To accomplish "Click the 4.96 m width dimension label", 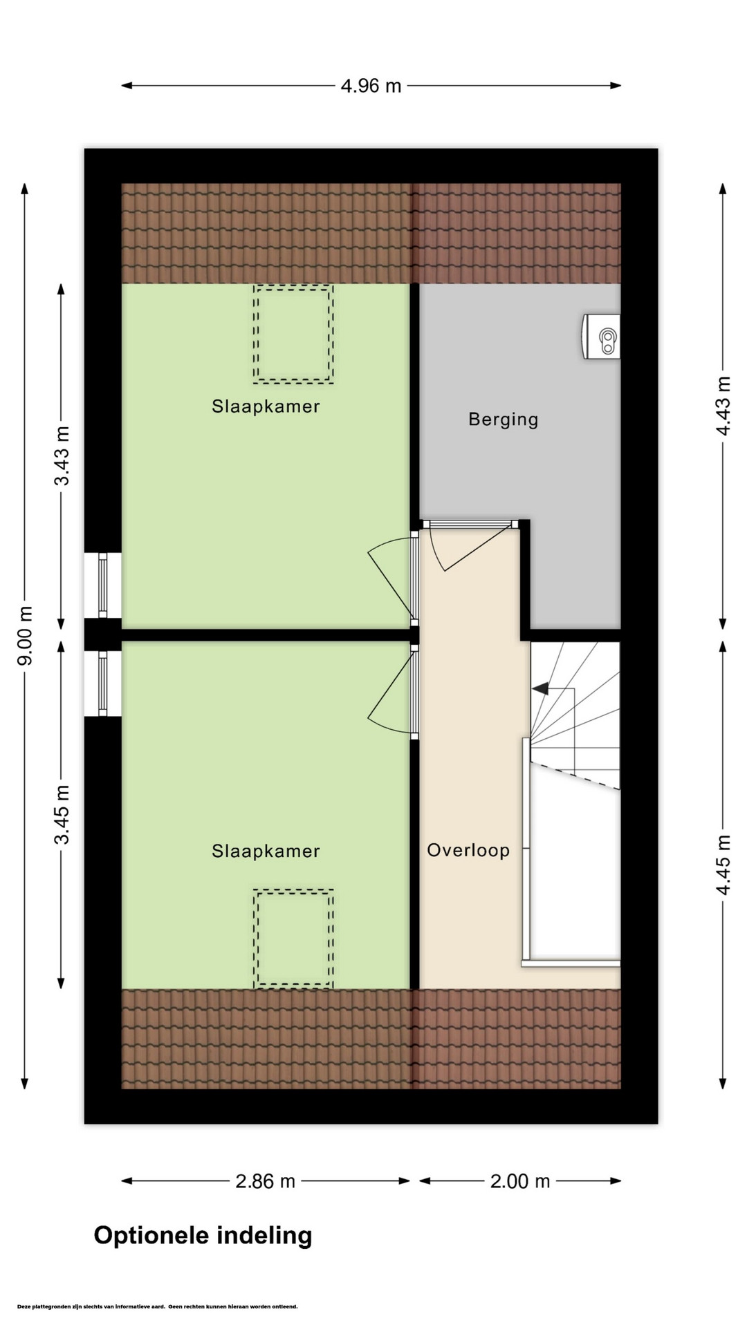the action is coord(371,86).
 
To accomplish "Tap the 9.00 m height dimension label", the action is coord(26,636).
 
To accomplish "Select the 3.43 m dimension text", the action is coord(62,455).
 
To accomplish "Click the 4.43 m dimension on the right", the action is coord(723,406).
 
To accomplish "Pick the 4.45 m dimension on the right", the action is coord(723,865).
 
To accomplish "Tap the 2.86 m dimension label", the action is coord(266,1181).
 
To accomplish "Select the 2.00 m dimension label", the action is coord(520,1181).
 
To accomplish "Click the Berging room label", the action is coord(504,420).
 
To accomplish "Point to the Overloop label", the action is coord(468,850).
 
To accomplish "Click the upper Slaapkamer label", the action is coord(266,406).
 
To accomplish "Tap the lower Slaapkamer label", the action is coord(266,851).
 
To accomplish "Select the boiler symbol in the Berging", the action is coord(601,337).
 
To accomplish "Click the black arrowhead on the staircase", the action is coord(540,688).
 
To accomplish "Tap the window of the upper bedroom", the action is coord(103,585).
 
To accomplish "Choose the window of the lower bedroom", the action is coord(103,684).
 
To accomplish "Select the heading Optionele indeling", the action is coord(203,1236).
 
